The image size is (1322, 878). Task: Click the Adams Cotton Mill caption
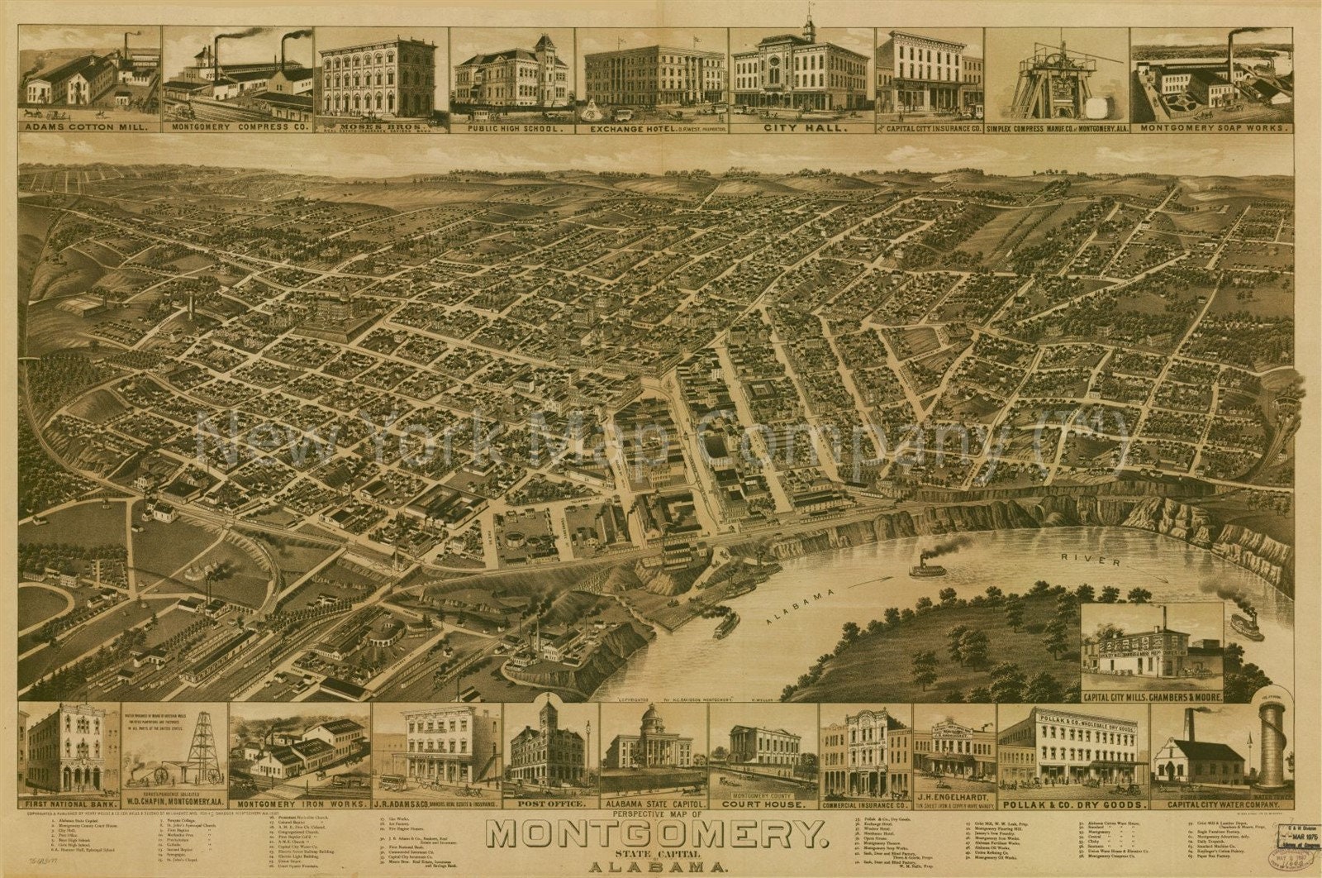(89, 128)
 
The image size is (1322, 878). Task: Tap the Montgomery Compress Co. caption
(238, 128)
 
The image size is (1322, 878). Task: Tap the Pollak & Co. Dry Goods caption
(1073, 803)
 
